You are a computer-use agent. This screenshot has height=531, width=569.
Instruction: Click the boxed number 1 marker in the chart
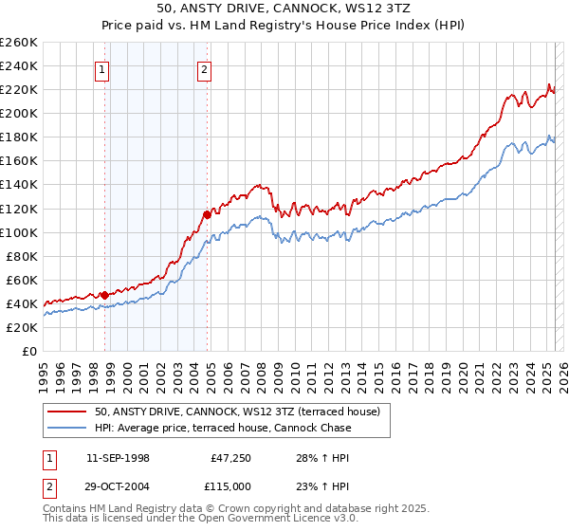click(101, 67)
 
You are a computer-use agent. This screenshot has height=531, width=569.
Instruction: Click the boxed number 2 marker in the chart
click(204, 67)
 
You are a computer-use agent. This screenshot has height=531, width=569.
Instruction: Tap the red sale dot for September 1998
click(104, 294)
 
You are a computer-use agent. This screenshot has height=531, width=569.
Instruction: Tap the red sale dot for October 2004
click(207, 213)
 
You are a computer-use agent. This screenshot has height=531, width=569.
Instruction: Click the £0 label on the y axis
click(28, 351)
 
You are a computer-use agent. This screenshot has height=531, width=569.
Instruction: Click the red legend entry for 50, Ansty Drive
click(237, 412)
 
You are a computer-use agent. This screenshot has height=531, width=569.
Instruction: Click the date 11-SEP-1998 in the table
click(118, 457)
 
